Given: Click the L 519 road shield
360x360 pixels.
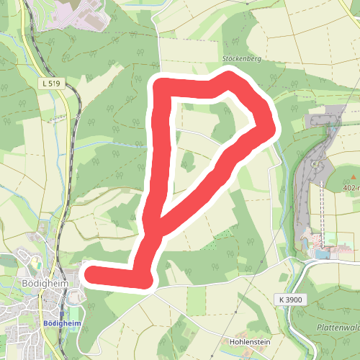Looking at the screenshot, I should point(50,84).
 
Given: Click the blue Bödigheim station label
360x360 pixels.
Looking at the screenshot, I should point(61,324).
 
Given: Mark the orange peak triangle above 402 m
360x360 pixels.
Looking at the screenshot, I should point(354,177).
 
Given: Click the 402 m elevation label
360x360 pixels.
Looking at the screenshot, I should point(351,187).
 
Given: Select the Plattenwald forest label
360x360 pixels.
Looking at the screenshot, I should point(338,328).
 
